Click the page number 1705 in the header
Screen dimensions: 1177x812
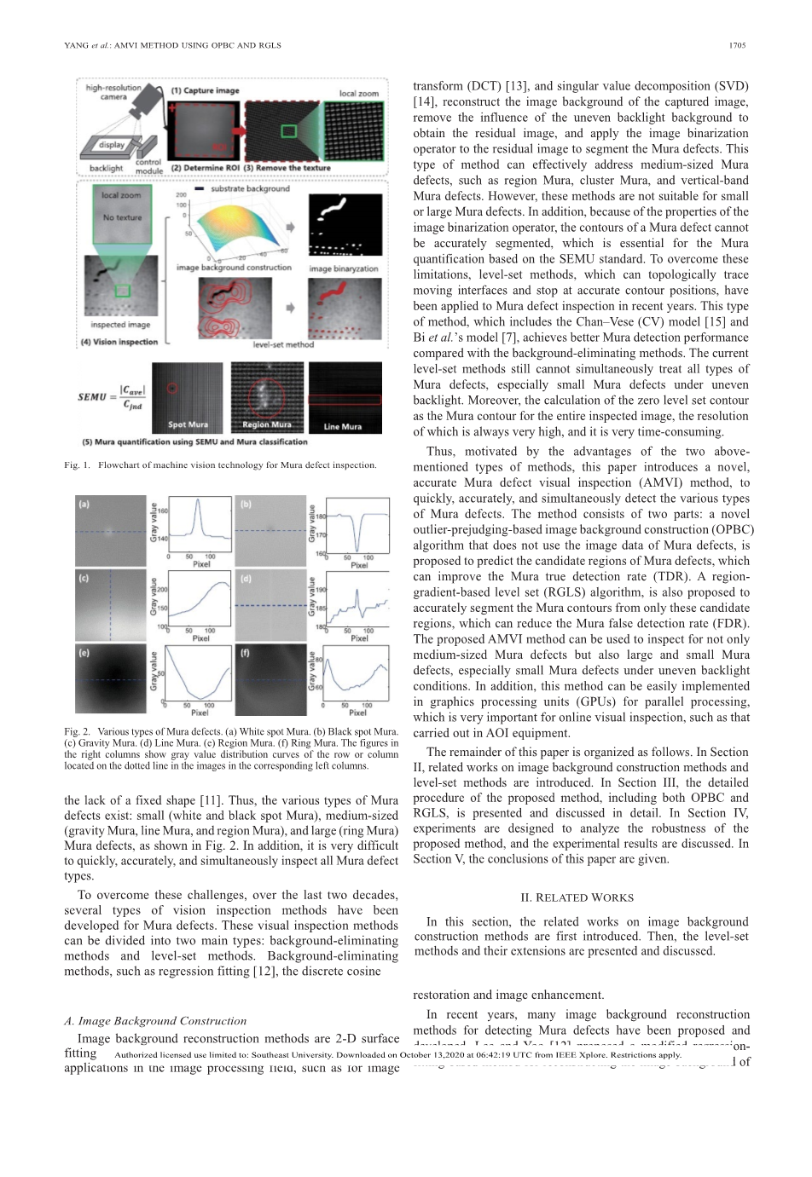point(738,45)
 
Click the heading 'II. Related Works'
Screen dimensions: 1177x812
point(577,897)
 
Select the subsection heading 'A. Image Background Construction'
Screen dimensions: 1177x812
point(155,1020)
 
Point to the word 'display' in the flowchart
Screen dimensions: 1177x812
point(112,145)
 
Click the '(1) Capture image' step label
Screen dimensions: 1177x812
point(205,90)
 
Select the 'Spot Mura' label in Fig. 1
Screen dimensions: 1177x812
point(188,424)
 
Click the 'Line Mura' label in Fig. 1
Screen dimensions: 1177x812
point(343,426)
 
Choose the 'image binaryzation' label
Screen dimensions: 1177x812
point(343,268)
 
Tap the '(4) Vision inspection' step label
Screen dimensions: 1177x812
point(119,342)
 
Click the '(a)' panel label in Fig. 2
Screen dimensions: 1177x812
point(84,504)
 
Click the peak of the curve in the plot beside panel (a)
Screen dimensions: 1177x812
point(199,500)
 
